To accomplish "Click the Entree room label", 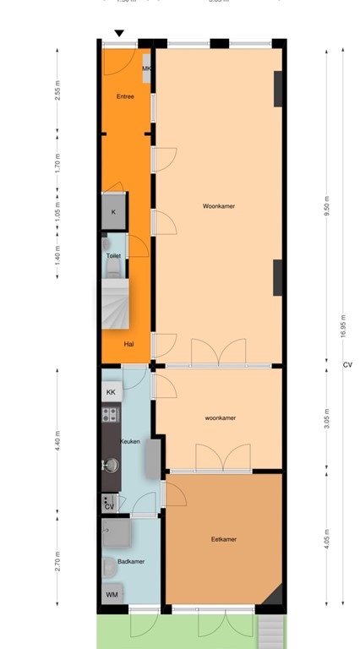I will click(x=125, y=96).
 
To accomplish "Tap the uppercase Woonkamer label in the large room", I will click(x=218, y=206).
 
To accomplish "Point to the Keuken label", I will click(x=129, y=441).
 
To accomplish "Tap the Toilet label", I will click(x=113, y=255).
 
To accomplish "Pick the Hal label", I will click(x=128, y=344).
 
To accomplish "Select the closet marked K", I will click(x=113, y=212).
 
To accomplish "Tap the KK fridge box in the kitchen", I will click(x=111, y=393).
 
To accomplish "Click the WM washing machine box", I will click(x=112, y=596).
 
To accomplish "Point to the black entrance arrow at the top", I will click(x=119, y=34).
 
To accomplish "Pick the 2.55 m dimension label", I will click(x=57, y=90).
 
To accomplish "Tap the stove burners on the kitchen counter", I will click(x=109, y=415).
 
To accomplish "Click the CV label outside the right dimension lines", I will click(x=347, y=365).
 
